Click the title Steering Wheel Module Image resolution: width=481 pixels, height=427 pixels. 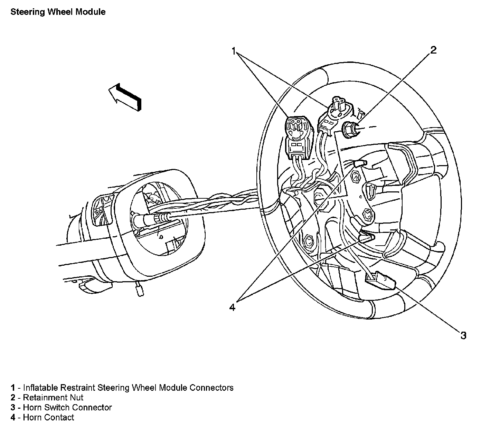pyautogui.click(x=58, y=12)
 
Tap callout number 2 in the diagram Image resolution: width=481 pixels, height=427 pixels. pyautogui.click(x=433, y=50)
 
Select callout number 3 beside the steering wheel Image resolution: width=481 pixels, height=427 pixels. pyautogui.click(x=463, y=335)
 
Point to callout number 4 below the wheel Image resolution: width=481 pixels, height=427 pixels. pyautogui.click(x=232, y=307)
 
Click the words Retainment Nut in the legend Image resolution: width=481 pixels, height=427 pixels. pyautogui.click(x=53, y=398)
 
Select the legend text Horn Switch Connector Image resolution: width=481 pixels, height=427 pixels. pyautogui.click(x=67, y=408)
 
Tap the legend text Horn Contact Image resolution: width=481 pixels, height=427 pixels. pyautogui.click(x=48, y=417)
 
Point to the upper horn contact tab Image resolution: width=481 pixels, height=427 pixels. pyautogui.click(x=359, y=164)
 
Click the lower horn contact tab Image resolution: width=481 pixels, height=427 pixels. pyautogui.click(x=366, y=237)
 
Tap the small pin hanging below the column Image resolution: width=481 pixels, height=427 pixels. pyautogui.click(x=140, y=290)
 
